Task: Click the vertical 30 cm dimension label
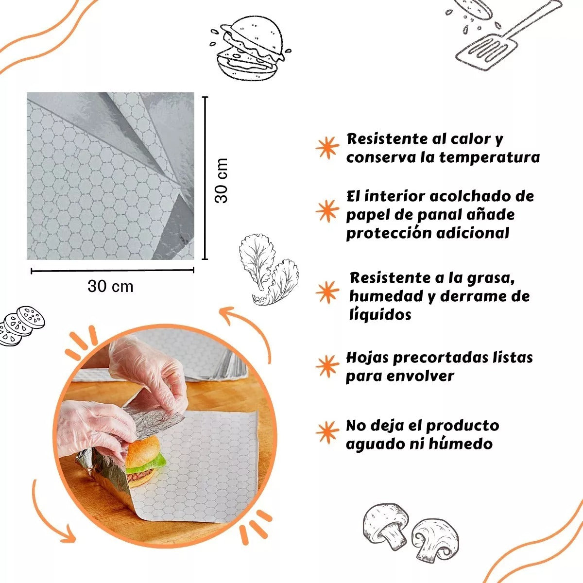[x=221, y=180]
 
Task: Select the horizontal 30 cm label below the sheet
[x=110, y=286]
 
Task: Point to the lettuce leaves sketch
[x=269, y=269]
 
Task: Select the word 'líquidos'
[x=380, y=314]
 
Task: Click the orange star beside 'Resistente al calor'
[x=327, y=148]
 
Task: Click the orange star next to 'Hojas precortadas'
[x=327, y=366]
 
